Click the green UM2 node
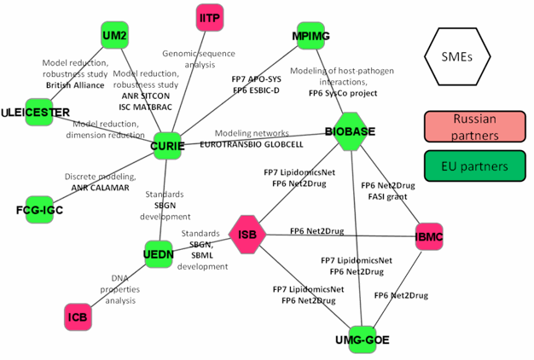(x=114, y=36)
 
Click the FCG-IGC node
(x=40, y=209)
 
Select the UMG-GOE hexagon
(x=363, y=339)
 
